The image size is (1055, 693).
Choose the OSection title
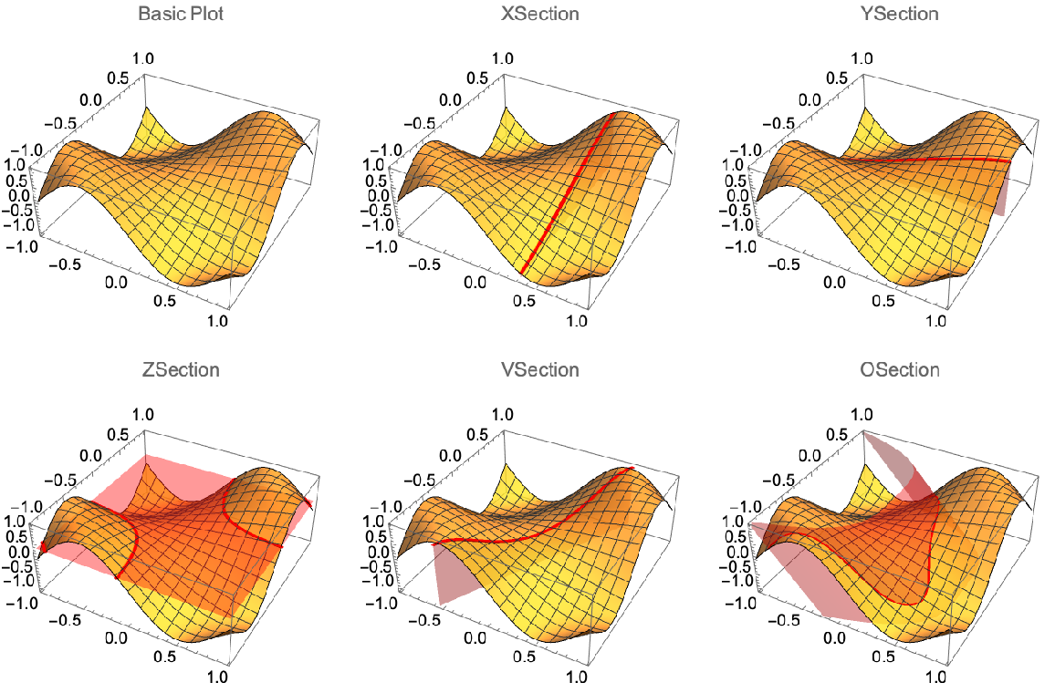[899, 370]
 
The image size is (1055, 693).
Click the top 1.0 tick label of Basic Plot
[144, 57]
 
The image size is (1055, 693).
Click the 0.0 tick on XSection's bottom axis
[475, 283]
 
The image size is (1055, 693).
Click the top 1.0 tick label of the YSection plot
[863, 57]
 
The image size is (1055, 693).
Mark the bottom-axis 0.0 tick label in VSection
[475, 638]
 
